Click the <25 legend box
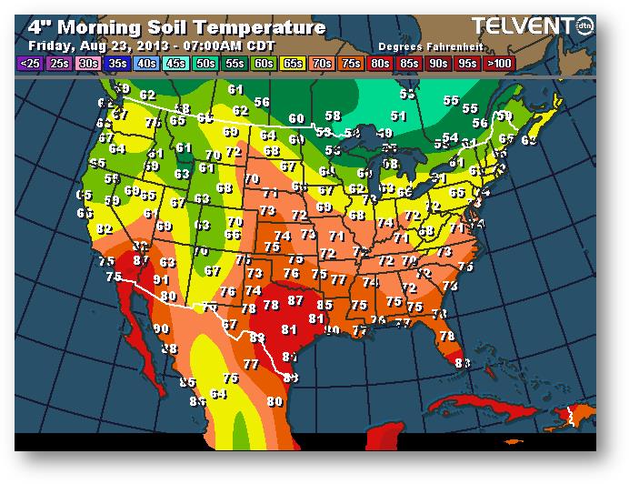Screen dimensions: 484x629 pos(28,64)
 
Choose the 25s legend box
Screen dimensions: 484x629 pos(59,64)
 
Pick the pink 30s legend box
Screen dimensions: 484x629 pos(88,64)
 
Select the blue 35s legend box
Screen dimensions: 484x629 pos(116,64)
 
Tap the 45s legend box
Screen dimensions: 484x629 pos(175,64)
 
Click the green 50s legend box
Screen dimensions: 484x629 pos(205,64)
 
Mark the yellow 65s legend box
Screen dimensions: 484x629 pos(293,64)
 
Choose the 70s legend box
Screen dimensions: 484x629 pos(322,64)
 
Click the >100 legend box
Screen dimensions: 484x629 pos(498,64)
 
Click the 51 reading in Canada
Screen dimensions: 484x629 pos(398,116)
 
